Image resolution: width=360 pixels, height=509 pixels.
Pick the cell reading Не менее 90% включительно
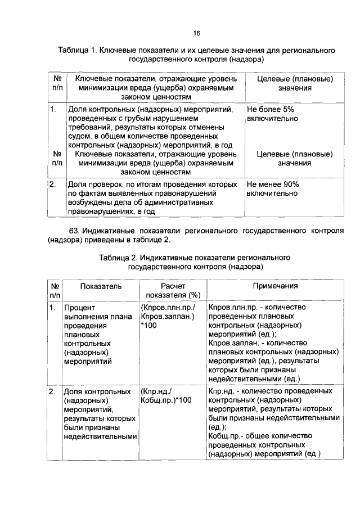[273, 188]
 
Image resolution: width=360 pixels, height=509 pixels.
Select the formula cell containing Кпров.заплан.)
[168, 317]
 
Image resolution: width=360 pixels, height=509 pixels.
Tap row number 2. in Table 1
[53, 184]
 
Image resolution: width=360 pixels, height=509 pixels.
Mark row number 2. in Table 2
[53, 390]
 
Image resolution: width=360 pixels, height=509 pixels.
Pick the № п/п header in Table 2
[55, 291]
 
